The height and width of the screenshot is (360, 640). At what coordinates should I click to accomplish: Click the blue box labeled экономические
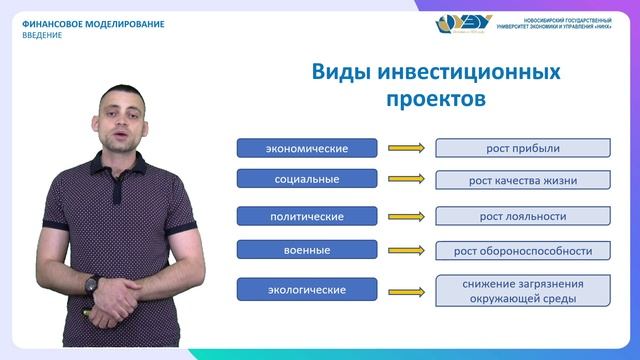coord(306,149)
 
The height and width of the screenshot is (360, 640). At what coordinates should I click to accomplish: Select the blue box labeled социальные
coord(306,180)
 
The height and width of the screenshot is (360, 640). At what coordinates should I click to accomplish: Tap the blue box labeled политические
coord(306,216)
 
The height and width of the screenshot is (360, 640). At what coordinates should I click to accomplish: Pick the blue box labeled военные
coord(306,248)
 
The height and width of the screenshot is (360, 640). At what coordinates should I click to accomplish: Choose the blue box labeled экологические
coord(306,290)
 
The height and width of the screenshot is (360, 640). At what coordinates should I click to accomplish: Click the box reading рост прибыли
coord(522,149)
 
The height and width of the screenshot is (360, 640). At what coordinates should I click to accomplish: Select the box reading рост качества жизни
coord(522,181)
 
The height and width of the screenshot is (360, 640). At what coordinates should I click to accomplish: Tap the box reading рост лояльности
coord(522,216)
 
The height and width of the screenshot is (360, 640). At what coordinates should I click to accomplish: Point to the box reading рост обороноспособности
coord(522,250)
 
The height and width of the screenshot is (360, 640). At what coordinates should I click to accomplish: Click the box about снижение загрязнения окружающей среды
coord(522,290)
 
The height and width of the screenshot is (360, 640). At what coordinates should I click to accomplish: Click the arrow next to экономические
coord(405,149)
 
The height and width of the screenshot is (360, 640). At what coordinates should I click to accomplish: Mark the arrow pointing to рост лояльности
coord(405,216)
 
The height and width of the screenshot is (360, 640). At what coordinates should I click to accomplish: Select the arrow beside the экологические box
coord(405,290)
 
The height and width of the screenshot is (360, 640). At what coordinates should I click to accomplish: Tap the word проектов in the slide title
coord(435,100)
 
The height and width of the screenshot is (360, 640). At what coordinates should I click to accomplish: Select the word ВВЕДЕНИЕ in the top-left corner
coord(42,35)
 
